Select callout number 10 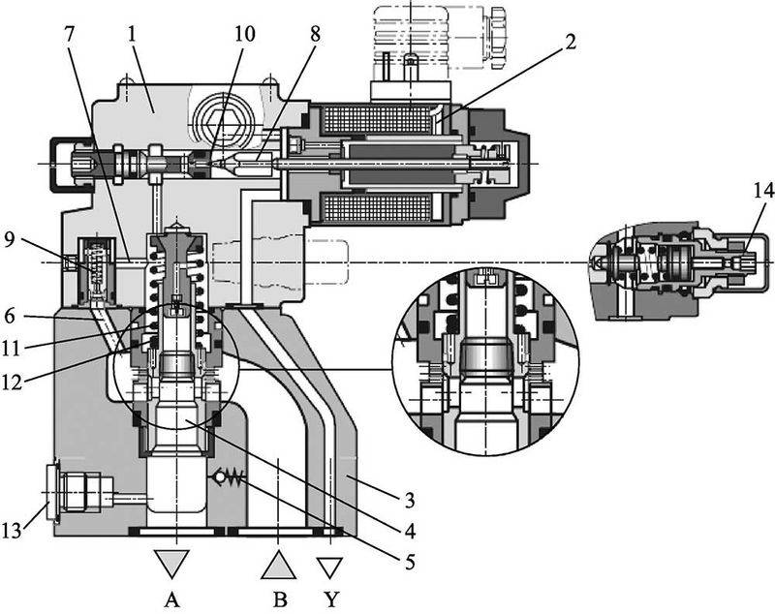click(245, 33)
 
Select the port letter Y click(332, 599)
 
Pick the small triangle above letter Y click(332, 565)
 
